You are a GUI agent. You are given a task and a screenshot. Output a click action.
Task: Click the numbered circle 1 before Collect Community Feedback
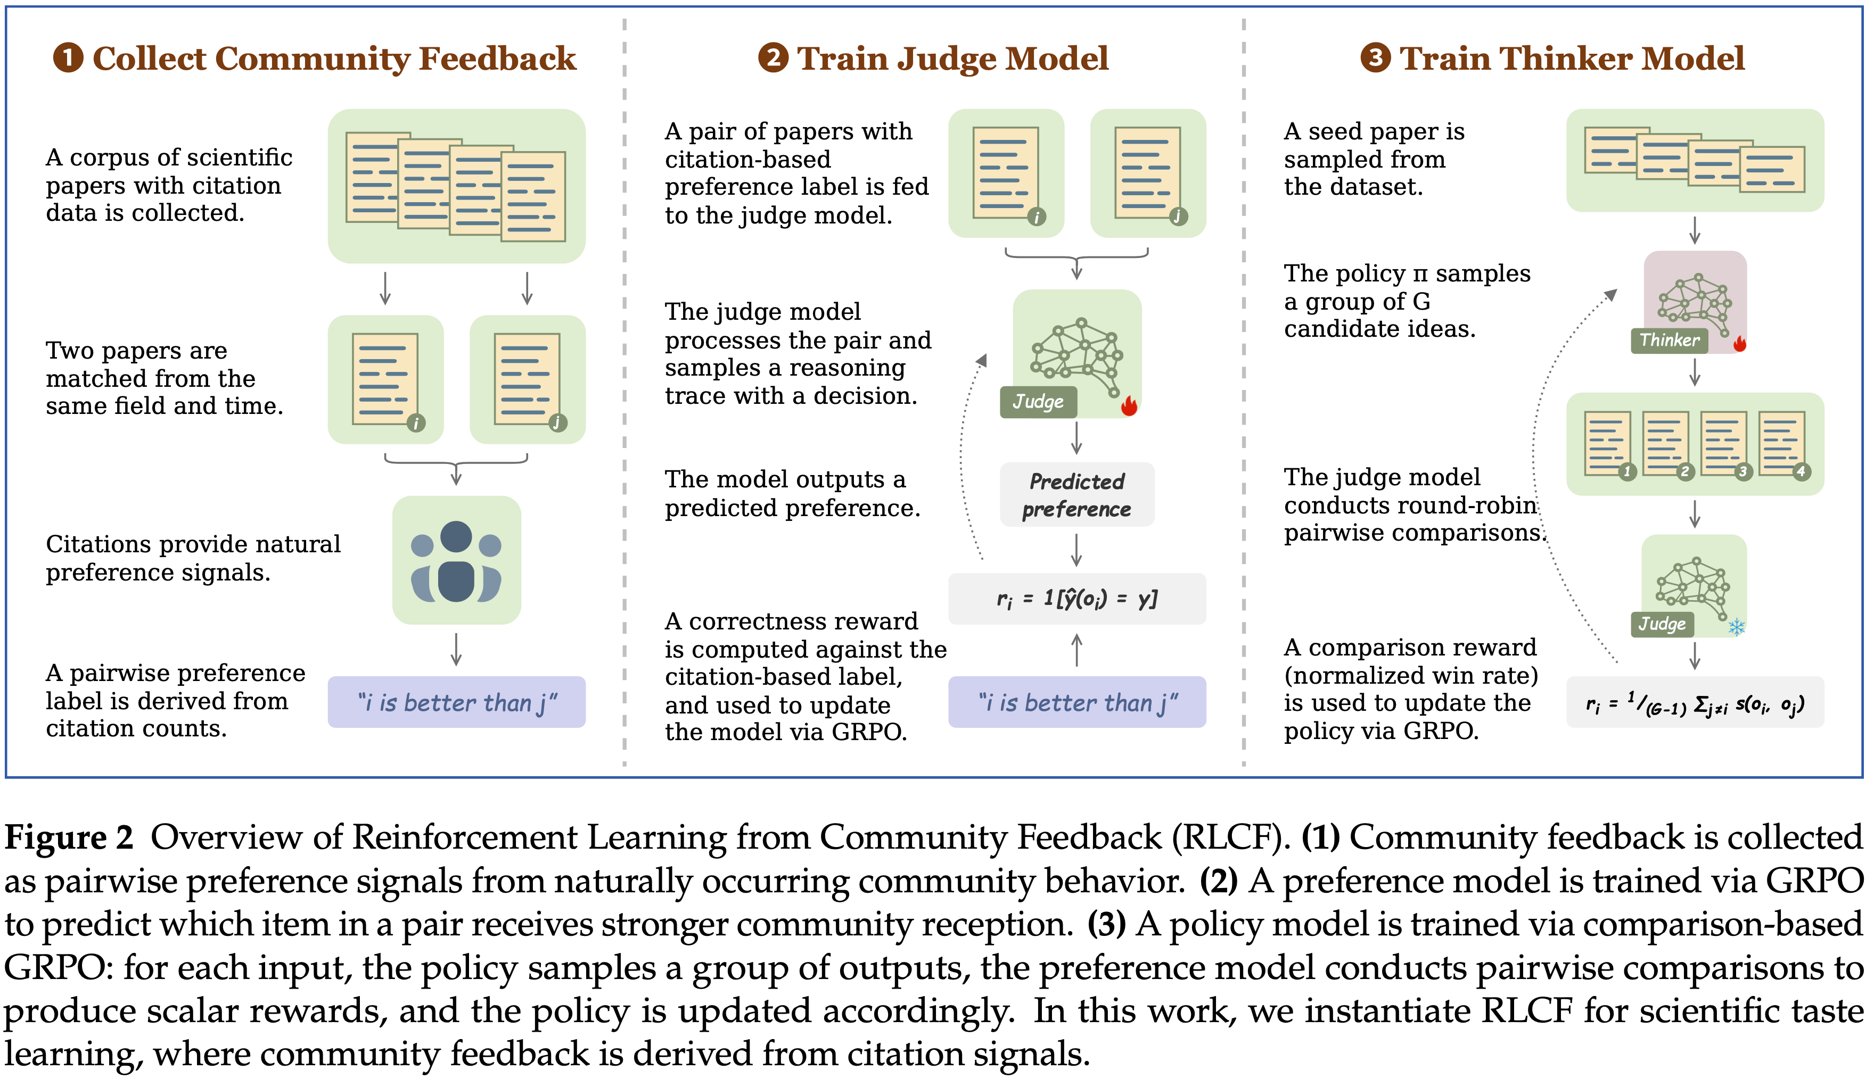(68, 58)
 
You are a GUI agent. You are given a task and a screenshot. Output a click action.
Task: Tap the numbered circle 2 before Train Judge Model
(773, 58)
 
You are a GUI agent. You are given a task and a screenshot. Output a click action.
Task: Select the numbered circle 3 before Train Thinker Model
(1376, 58)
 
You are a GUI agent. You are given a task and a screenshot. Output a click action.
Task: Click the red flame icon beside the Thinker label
(1740, 343)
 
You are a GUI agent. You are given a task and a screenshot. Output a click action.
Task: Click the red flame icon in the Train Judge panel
(1129, 405)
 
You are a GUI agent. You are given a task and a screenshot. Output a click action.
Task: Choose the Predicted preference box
(1076, 495)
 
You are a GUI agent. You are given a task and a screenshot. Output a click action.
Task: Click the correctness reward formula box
(1076, 598)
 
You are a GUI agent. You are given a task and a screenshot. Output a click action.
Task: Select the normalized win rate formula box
(1695, 702)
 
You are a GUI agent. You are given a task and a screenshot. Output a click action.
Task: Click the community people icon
(456, 560)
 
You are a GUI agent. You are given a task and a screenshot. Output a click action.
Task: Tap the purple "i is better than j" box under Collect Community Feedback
(456, 702)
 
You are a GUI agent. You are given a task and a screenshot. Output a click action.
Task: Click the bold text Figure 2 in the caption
(69, 837)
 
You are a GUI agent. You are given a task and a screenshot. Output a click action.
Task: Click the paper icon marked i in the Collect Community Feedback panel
(385, 379)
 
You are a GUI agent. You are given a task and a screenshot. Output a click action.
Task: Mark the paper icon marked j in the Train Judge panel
(1147, 173)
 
